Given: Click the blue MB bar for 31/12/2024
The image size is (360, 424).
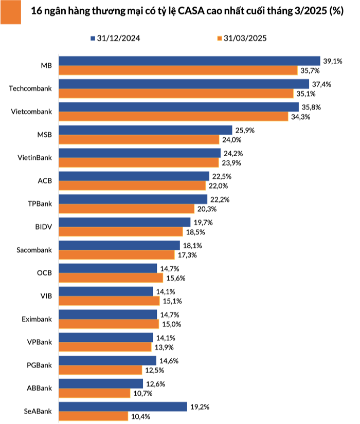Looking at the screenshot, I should point(189,61).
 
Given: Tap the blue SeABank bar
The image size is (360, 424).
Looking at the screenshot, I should point(123,407).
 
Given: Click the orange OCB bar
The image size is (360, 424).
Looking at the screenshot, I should point(111,278).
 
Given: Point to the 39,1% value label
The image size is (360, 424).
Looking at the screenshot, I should point(331,61).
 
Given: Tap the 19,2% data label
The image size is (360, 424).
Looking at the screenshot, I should point(199,407).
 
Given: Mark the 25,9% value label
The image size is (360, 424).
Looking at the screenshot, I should point(244,130).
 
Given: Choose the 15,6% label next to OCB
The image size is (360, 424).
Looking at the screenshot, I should point(175,278).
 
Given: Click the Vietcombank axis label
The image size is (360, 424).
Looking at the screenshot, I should point(32,112).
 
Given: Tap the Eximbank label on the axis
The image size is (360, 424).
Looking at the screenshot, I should point(37,319).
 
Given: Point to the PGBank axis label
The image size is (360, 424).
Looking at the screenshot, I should point(40,365).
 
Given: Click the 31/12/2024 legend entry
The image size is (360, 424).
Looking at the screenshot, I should point(116,38).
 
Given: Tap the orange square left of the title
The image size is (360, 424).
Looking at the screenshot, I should point(10,11).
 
